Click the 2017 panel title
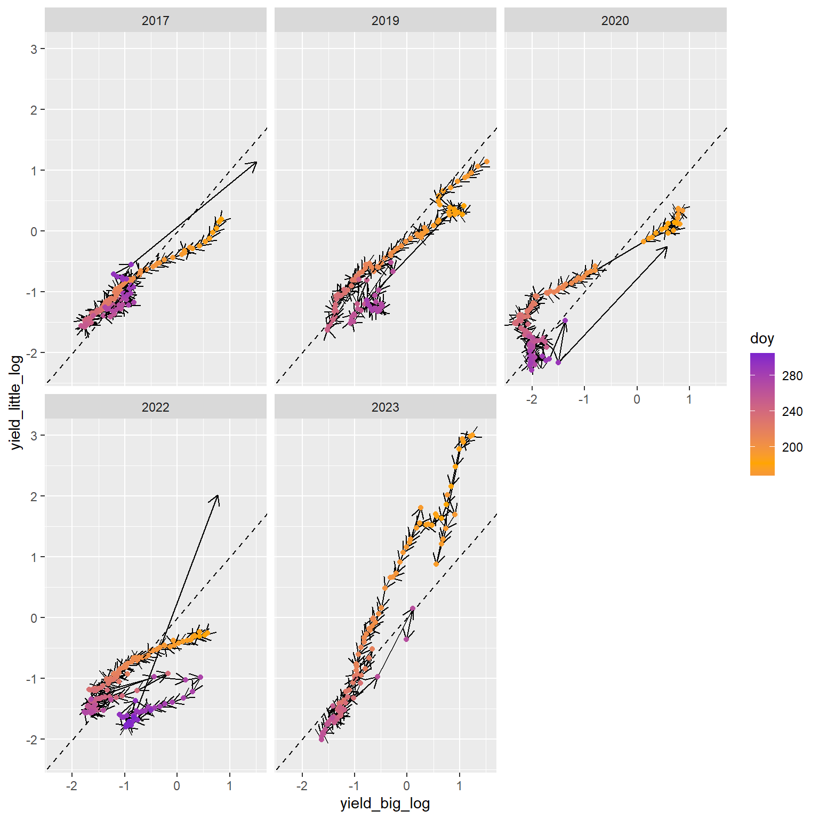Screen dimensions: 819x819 click(x=155, y=21)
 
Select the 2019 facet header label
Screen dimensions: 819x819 click(x=385, y=21)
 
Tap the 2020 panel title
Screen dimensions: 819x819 click(x=615, y=21)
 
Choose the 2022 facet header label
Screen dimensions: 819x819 click(x=155, y=407)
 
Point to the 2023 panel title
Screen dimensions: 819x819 click(x=385, y=407)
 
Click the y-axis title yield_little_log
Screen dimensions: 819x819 click(x=17, y=402)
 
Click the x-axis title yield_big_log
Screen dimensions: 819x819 click(x=385, y=804)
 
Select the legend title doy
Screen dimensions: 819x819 click(x=761, y=339)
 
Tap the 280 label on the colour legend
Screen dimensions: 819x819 click(x=792, y=376)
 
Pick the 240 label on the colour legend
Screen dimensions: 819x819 click(x=792, y=412)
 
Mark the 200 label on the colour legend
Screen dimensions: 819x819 click(x=792, y=447)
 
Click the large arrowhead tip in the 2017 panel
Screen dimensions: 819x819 click(x=256, y=162)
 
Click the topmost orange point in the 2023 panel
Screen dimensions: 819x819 click(x=472, y=436)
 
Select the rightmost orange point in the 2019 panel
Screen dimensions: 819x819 click(x=486, y=162)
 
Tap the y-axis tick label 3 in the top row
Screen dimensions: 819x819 click(x=34, y=49)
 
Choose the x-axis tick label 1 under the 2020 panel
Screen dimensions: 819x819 click(x=689, y=399)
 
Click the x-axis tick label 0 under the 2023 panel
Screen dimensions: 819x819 click(x=407, y=786)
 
